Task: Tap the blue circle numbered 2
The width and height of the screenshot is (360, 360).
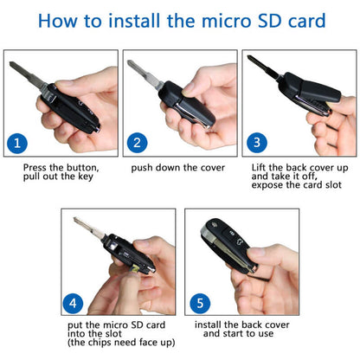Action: pyautogui.click(x=136, y=141)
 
